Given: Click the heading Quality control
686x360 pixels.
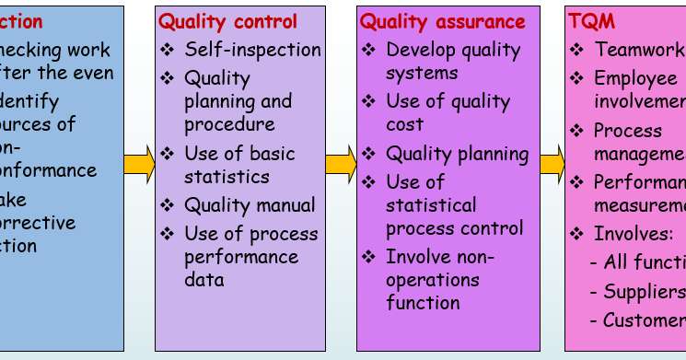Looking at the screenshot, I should coord(228,21).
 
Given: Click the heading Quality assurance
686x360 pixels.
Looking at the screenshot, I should coord(442,21).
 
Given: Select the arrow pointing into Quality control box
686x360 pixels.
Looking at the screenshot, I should coord(139,166).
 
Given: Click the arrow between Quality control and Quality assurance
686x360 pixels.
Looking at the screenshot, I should coord(341,166).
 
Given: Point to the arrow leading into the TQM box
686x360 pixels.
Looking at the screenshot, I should coord(552,166).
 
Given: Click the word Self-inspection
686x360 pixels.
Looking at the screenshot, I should coord(252,49).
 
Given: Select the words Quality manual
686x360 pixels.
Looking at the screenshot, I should coord(250,204).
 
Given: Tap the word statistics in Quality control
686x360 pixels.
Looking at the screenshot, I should coord(227,176).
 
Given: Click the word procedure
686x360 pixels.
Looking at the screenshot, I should coord(229,123).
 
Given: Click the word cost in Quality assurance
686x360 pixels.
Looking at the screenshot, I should coord(405,123).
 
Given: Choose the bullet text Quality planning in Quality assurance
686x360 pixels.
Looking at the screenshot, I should coord(457,154).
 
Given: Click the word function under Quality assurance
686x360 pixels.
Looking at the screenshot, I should coord(423,301).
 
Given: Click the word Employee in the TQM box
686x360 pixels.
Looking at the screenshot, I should coord(636,78).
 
